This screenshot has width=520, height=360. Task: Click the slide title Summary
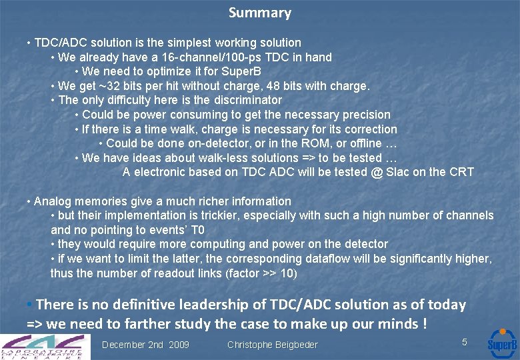(260, 13)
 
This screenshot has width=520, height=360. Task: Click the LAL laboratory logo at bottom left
(43, 345)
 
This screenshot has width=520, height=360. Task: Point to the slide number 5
(465, 341)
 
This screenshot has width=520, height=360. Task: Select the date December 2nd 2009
(145, 345)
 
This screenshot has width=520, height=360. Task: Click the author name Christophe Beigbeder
(272, 345)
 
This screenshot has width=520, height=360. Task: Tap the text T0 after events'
(197, 230)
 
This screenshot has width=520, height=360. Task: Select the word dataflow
(328, 259)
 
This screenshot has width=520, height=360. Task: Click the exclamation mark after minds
(424, 324)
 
